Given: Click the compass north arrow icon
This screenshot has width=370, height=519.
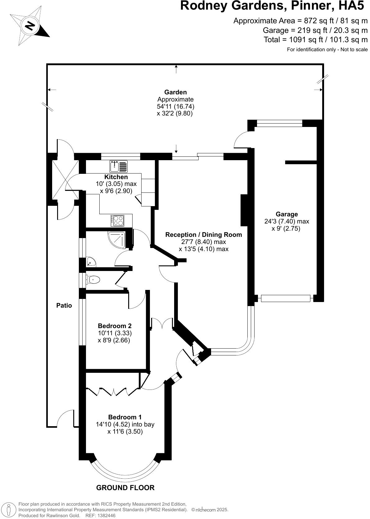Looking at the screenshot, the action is (x=29, y=25).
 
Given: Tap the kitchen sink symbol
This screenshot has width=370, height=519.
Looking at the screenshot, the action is (x=119, y=166).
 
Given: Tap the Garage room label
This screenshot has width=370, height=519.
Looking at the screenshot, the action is (x=287, y=214).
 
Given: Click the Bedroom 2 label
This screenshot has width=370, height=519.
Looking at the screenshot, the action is (x=115, y=326).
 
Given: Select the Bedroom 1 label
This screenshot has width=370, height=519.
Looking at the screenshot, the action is (x=125, y=417).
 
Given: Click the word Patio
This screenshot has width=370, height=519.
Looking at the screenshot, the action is (x=64, y=305).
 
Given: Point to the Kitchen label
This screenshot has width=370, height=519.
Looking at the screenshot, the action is (x=116, y=177).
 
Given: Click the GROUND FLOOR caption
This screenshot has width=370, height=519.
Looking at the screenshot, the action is (x=125, y=488).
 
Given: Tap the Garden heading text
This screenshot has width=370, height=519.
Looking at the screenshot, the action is (x=175, y=92).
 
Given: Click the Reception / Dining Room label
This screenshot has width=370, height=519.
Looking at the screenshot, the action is (x=203, y=235).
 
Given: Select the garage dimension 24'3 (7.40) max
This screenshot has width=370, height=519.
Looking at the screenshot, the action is (x=287, y=222).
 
